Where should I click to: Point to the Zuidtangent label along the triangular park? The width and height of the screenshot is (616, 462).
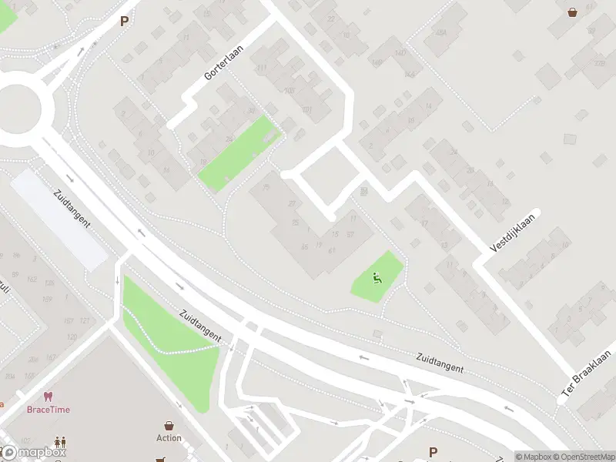pos(200,327)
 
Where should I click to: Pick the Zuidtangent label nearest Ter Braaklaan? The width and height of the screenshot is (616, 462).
pos(440,363)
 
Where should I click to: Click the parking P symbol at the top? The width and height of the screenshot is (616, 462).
pos(123,22)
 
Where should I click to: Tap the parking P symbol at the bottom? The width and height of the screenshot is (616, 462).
pos(433,452)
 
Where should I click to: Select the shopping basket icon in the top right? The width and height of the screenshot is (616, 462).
pos(573,12)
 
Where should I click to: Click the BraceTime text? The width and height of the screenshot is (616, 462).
pos(48,410)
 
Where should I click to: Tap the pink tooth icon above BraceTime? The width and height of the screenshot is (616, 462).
pos(48,397)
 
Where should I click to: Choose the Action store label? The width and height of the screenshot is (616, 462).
pos(169,438)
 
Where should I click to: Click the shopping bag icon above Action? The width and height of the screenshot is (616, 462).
pos(169,425)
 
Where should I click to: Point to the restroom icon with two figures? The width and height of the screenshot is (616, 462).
pos(60,443)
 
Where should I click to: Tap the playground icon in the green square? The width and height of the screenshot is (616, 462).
pos(377,278)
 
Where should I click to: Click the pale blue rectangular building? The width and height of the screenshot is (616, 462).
pos(59,219)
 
